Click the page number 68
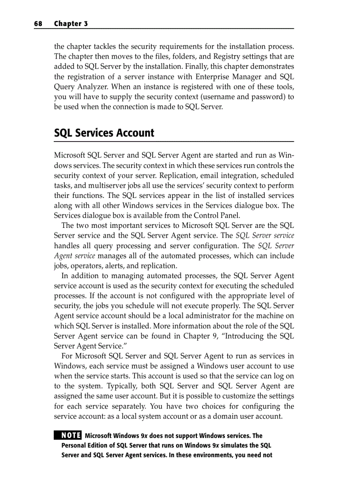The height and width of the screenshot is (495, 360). click(38, 24)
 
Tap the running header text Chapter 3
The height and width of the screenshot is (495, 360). click(71, 24)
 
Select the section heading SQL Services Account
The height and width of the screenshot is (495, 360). click(104, 133)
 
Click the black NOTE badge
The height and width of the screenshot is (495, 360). click(68, 435)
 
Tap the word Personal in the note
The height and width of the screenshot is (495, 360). click(74, 445)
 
